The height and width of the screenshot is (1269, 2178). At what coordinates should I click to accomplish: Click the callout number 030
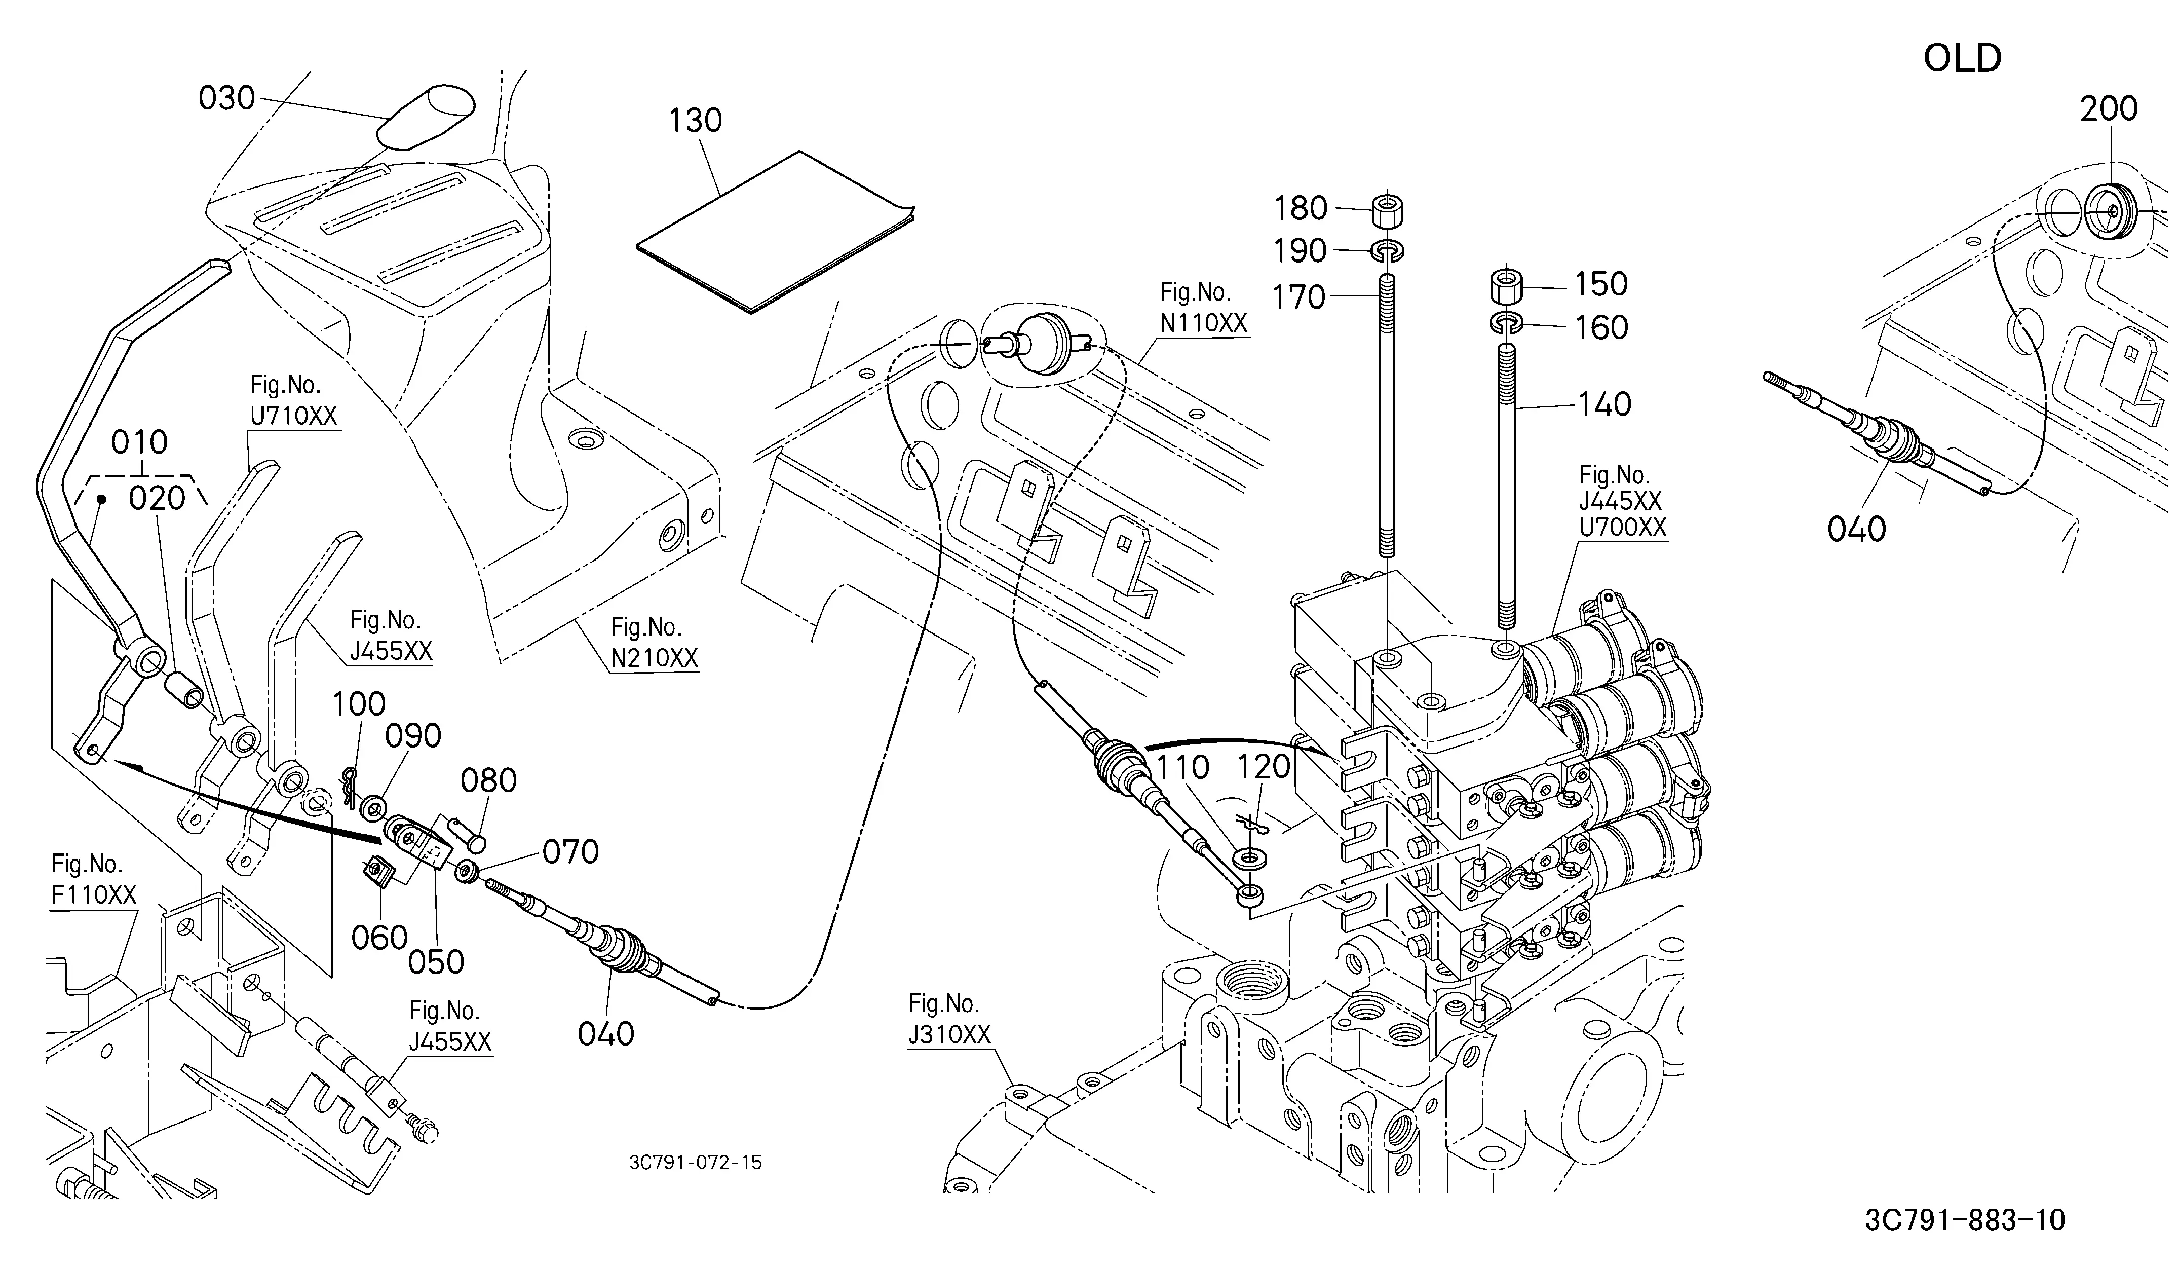point(226,98)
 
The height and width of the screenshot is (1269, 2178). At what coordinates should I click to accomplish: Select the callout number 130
point(695,121)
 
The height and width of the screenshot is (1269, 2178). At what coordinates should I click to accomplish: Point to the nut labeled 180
point(1387,211)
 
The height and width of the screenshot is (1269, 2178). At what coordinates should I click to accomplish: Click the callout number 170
point(1299,297)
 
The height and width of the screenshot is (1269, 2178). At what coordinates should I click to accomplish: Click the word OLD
point(1962,59)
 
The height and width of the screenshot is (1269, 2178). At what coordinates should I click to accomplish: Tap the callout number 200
point(2109,109)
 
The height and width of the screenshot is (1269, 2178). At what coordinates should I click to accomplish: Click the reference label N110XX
point(1203,323)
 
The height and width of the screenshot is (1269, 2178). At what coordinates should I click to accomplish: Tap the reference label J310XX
point(949,1035)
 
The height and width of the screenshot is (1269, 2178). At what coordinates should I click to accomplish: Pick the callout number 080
point(488,780)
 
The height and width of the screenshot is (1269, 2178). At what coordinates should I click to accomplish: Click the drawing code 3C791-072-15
point(696,1163)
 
